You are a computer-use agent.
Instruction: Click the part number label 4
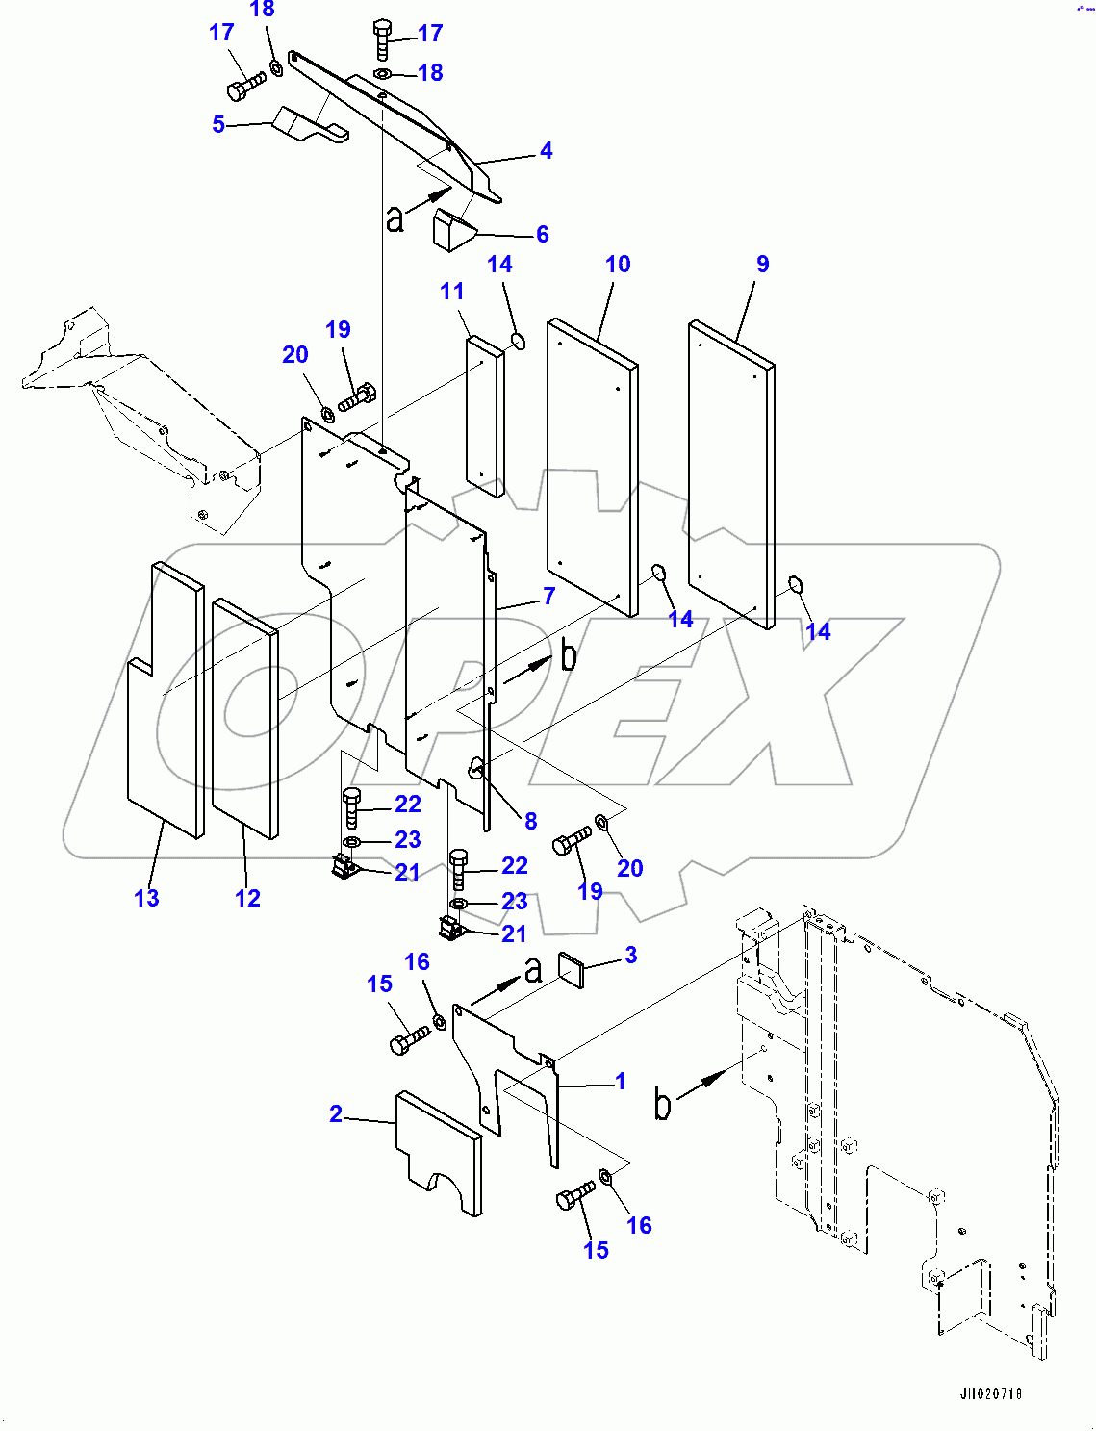(x=546, y=151)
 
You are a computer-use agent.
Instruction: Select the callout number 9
(x=762, y=265)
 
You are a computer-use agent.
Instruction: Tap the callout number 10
(x=618, y=265)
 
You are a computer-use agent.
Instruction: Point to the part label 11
(x=451, y=292)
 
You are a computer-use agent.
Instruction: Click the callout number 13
(x=146, y=899)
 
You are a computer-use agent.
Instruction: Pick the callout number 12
(x=247, y=899)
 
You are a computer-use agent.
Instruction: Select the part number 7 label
(x=548, y=597)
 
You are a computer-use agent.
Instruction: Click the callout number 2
(x=335, y=1114)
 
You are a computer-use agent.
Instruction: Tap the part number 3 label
(x=630, y=956)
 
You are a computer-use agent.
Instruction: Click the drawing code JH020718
(x=990, y=1393)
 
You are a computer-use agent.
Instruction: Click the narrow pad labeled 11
(x=485, y=416)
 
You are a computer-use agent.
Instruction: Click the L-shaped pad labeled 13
(x=164, y=712)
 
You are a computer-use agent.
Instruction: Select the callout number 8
(x=530, y=822)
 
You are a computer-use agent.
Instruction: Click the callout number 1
(x=621, y=1082)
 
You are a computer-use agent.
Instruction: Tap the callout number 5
(x=218, y=125)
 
